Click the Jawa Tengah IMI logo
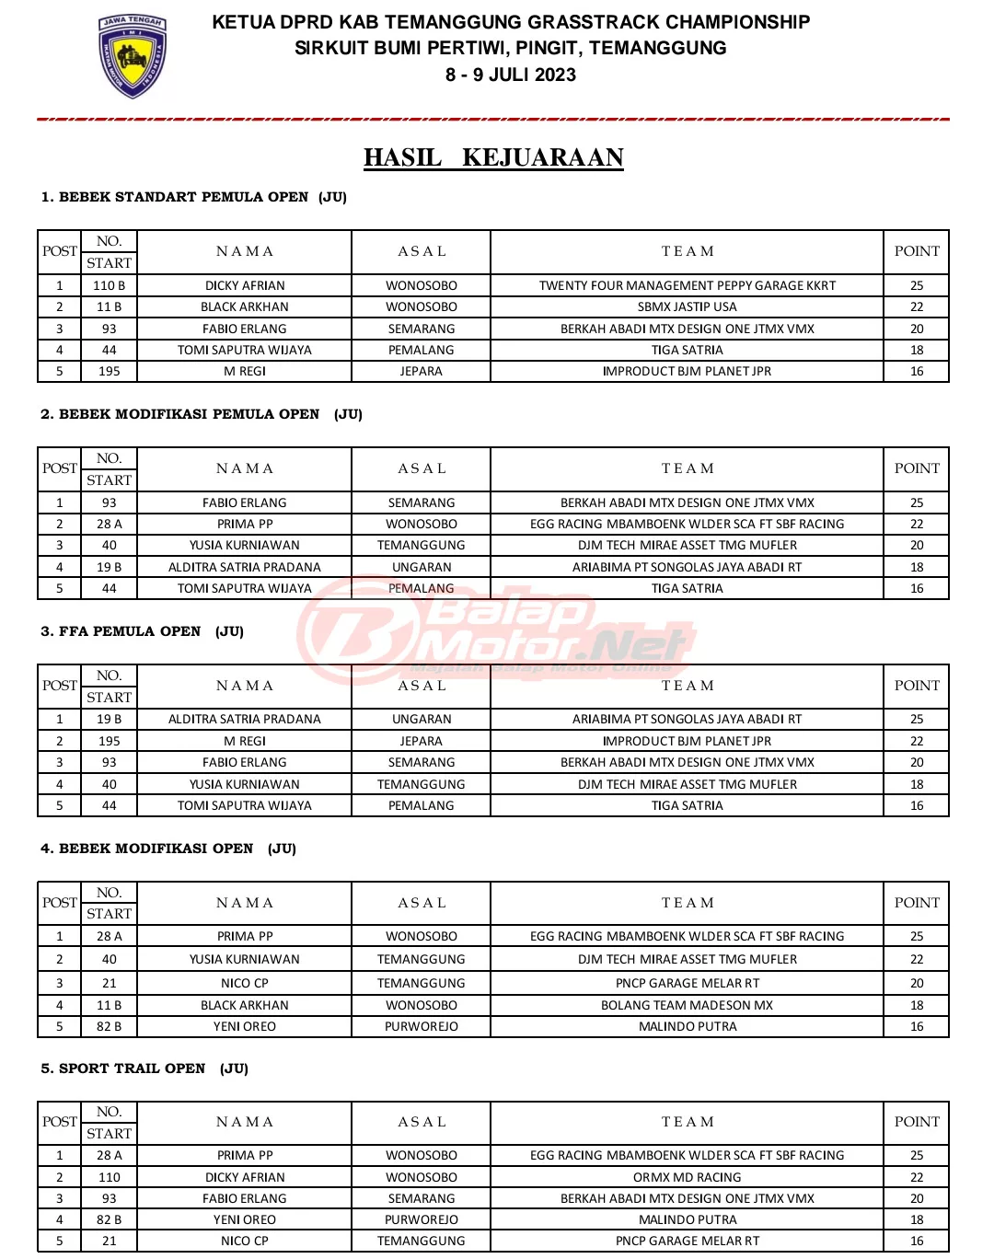point(133,55)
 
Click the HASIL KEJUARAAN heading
point(493,157)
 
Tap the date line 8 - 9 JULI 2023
point(511,75)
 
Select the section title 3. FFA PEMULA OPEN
point(142,631)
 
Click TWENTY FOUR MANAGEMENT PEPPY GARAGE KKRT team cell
point(687,285)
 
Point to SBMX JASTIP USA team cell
point(687,306)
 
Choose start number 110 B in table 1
point(109,285)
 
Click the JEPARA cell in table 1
point(421,371)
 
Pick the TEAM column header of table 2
point(687,468)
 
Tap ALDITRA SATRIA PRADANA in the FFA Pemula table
point(244,719)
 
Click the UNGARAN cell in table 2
point(421,567)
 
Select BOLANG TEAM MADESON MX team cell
point(687,1005)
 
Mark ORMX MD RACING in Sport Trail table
point(687,1177)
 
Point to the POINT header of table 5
point(917,1122)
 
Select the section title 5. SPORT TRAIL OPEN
point(144,1068)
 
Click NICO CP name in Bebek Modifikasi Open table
point(244,983)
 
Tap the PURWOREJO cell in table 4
point(421,1026)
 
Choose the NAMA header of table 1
point(244,251)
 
